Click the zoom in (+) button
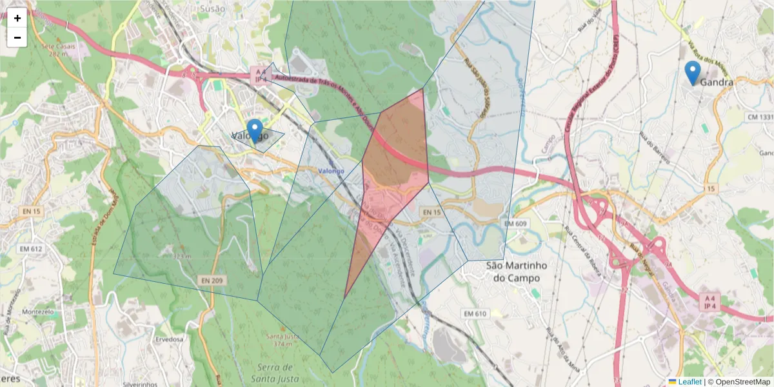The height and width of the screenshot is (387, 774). click(17, 18)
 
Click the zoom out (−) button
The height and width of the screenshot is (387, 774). click(17, 37)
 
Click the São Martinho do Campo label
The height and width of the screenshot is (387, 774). click(516, 272)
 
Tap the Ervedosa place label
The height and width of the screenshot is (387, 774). click(170, 338)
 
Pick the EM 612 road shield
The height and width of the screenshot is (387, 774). click(30, 249)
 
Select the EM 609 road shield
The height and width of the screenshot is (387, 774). click(516, 223)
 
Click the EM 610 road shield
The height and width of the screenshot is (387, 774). click(474, 313)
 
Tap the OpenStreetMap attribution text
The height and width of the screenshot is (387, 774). click(739, 382)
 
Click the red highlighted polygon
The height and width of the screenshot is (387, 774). click(393, 161)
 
